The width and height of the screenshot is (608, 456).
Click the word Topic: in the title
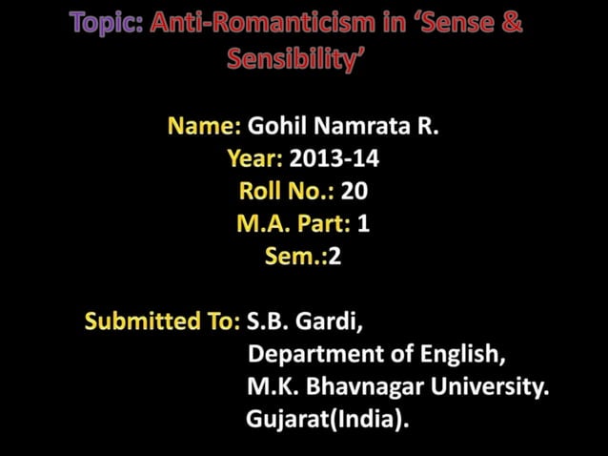click(x=106, y=25)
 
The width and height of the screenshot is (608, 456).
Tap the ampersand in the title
click(x=511, y=25)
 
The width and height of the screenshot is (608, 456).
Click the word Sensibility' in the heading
click(x=296, y=59)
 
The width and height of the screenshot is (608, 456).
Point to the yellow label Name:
click(x=204, y=127)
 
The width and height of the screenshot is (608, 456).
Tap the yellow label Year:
click(x=255, y=158)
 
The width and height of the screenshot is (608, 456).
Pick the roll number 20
click(x=354, y=191)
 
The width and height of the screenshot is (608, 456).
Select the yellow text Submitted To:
click(x=162, y=321)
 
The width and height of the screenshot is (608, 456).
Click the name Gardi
click(x=327, y=321)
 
